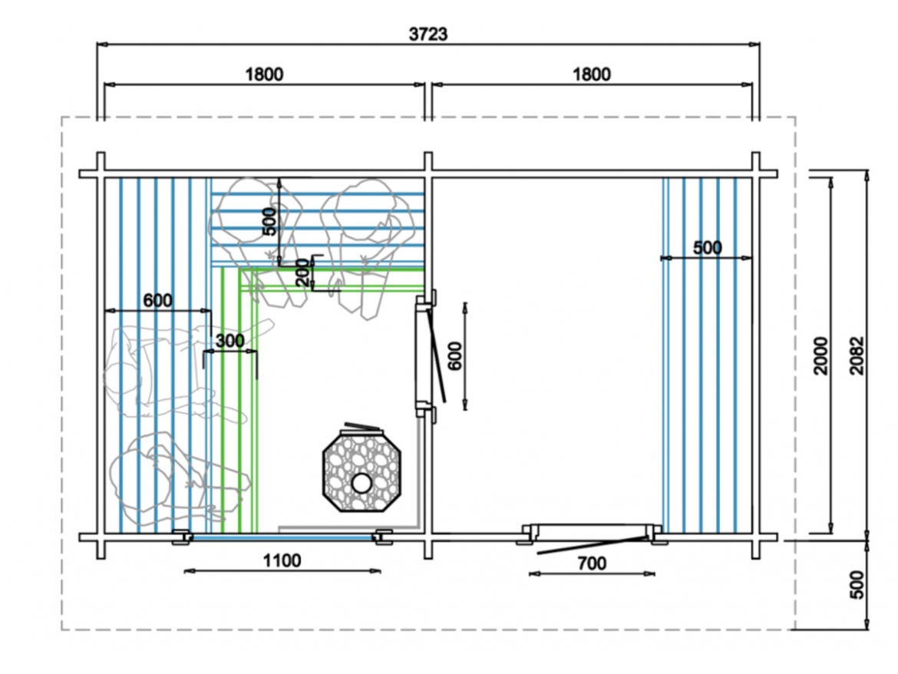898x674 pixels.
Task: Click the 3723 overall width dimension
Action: pos(428,35)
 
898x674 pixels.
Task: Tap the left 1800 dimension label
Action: pos(264,74)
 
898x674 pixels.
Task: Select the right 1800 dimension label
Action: pos(592,74)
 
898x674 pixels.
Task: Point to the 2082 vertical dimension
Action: pos(857,355)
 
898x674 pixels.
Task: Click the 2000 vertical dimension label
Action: pos(821,355)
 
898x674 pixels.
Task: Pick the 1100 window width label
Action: pos(282,560)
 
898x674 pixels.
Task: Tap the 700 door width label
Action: pos(592,564)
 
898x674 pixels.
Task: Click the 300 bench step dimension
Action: pos(229,341)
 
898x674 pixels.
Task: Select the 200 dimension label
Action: pos(302,273)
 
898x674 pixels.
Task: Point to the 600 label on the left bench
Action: pos(157,300)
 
